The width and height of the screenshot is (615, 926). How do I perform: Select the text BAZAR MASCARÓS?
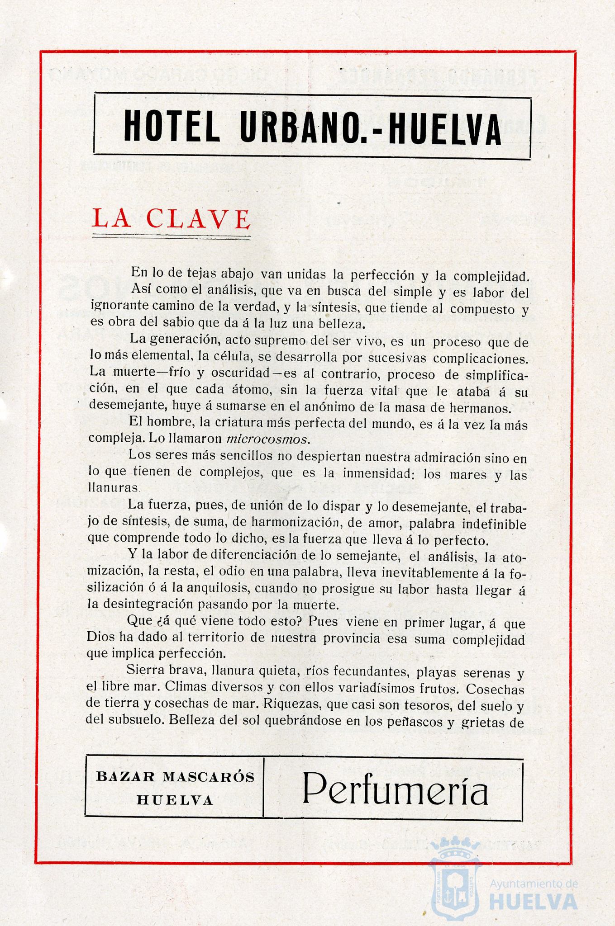click(176, 777)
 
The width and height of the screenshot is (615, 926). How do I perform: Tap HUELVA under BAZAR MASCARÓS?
click(175, 800)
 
